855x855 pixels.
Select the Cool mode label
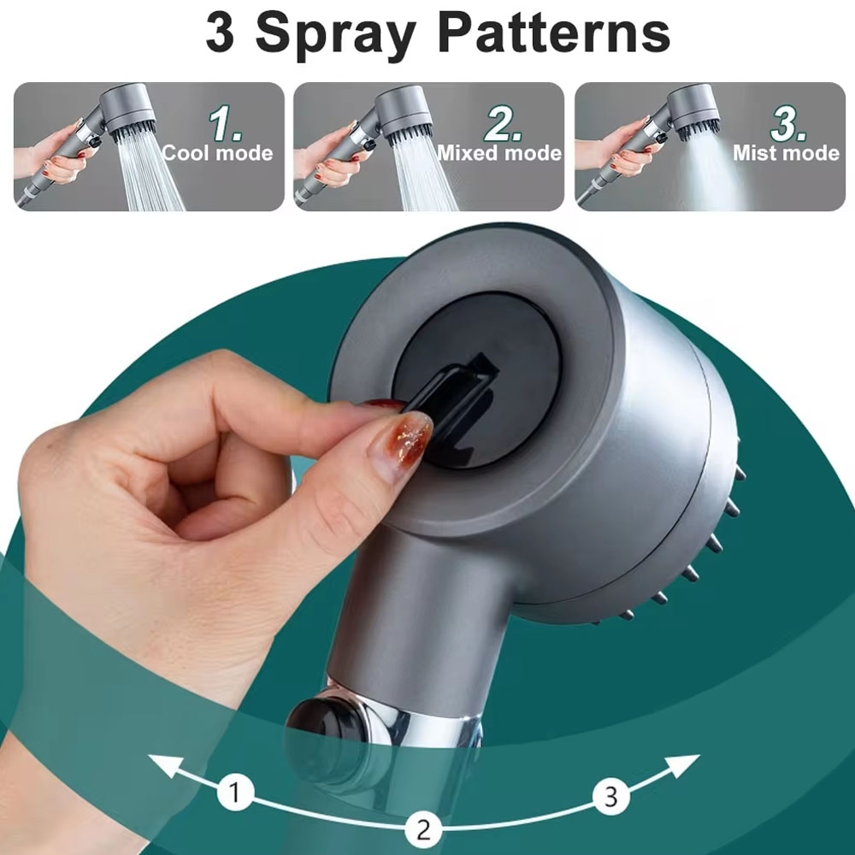(x=217, y=153)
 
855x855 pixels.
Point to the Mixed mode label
(x=499, y=153)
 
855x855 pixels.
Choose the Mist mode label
(x=786, y=153)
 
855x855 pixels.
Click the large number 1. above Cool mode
(x=225, y=123)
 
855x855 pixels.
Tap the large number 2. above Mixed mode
(x=502, y=123)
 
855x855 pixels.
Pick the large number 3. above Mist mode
(x=787, y=123)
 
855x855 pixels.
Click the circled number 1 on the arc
(x=236, y=793)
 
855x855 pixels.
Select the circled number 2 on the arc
(x=423, y=830)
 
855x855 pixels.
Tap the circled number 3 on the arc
(x=611, y=797)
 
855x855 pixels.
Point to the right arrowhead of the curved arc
(x=682, y=765)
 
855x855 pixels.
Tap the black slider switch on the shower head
(x=451, y=401)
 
